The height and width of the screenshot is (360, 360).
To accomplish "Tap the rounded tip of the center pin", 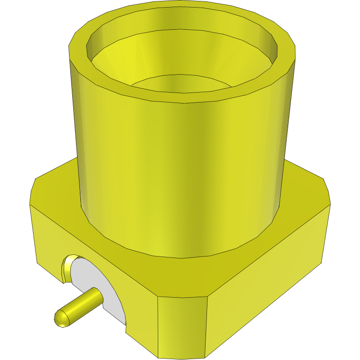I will pyautogui.click(x=60, y=318).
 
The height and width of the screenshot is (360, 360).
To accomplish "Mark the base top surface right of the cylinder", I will pyautogui.click(x=302, y=189).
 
